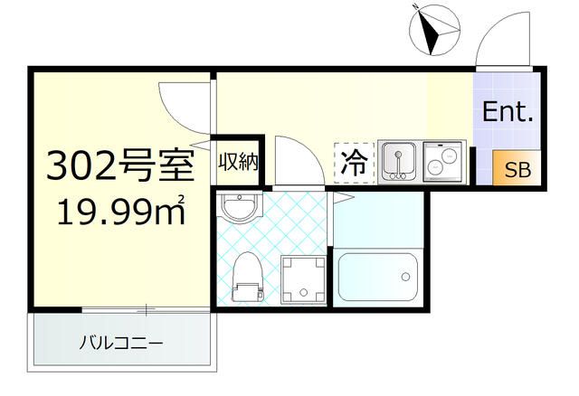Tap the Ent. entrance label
pyautogui.click(x=508, y=113)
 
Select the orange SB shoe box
pyautogui.click(x=517, y=169)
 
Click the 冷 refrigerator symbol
pyautogui.click(x=354, y=164)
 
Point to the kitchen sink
pyautogui.click(x=397, y=161)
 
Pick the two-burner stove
pyautogui.click(x=443, y=161)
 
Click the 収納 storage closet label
pyautogui.click(x=238, y=163)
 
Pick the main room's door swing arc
pyautogui.click(x=183, y=101)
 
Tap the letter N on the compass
pyautogui.click(x=413, y=9)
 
